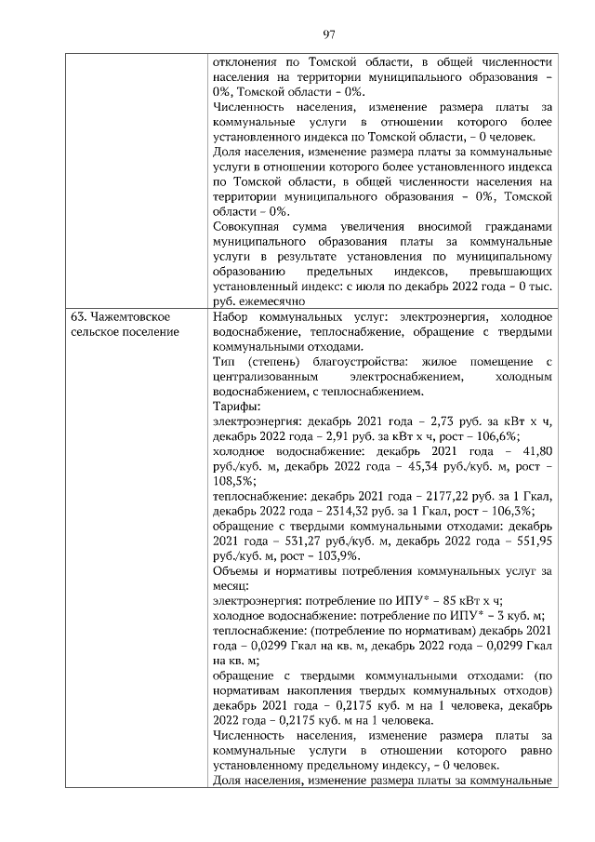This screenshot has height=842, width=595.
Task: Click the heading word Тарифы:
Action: tap(236, 407)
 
